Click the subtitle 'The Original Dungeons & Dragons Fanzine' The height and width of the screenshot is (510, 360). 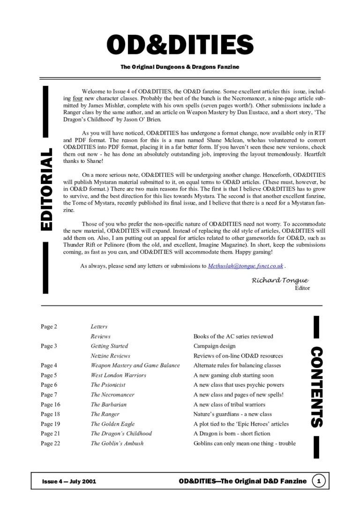click(180, 67)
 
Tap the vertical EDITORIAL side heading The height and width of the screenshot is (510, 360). click(46, 190)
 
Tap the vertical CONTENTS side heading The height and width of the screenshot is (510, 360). click(317, 387)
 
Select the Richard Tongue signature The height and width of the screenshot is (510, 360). click(280, 280)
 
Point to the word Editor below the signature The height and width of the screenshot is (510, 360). click(302, 288)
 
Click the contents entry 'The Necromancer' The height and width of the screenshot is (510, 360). click(112, 395)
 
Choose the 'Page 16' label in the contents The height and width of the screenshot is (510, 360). click(51, 404)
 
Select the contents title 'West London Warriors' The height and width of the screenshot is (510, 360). click(119, 375)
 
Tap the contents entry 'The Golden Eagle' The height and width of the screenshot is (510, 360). click(112, 424)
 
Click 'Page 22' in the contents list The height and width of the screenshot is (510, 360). click(51, 443)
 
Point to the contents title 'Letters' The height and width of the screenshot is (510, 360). click(99, 327)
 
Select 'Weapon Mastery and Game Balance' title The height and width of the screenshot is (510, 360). click(135, 365)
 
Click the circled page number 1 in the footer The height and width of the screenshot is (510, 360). click(319, 481)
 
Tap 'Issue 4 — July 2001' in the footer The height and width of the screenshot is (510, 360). click(69, 482)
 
